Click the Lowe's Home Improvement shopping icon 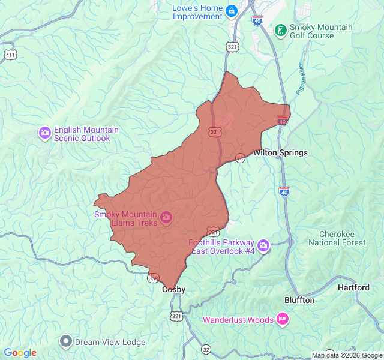[231, 11]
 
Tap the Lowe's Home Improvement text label [197, 12]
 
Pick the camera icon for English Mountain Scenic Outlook [44, 133]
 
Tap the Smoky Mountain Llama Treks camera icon [167, 217]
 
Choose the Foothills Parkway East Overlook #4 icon [264, 245]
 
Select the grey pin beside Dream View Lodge [66, 341]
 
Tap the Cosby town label [174, 290]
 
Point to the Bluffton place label [299, 300]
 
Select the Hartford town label [353, 288]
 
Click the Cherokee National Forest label [337, 238]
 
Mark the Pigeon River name [301, 79]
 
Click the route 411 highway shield [9, 55]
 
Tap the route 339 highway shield [153, 278]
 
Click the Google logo [20, 353]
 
